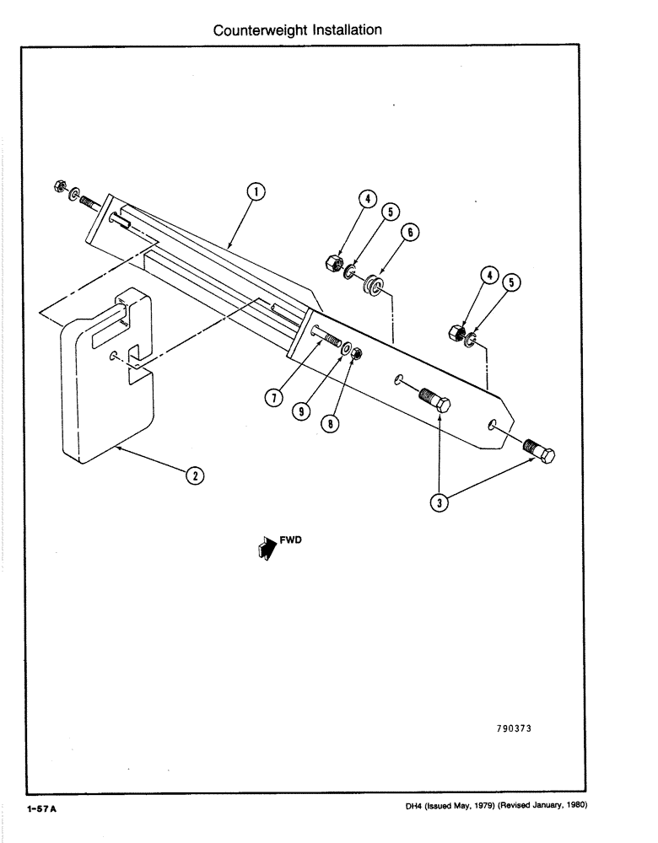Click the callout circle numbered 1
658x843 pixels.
(x=256, y=193)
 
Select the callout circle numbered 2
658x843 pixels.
(x=193, y=475)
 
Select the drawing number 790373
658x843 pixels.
(x=510, y=728)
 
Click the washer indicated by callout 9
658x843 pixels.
(x=347, y=348)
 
